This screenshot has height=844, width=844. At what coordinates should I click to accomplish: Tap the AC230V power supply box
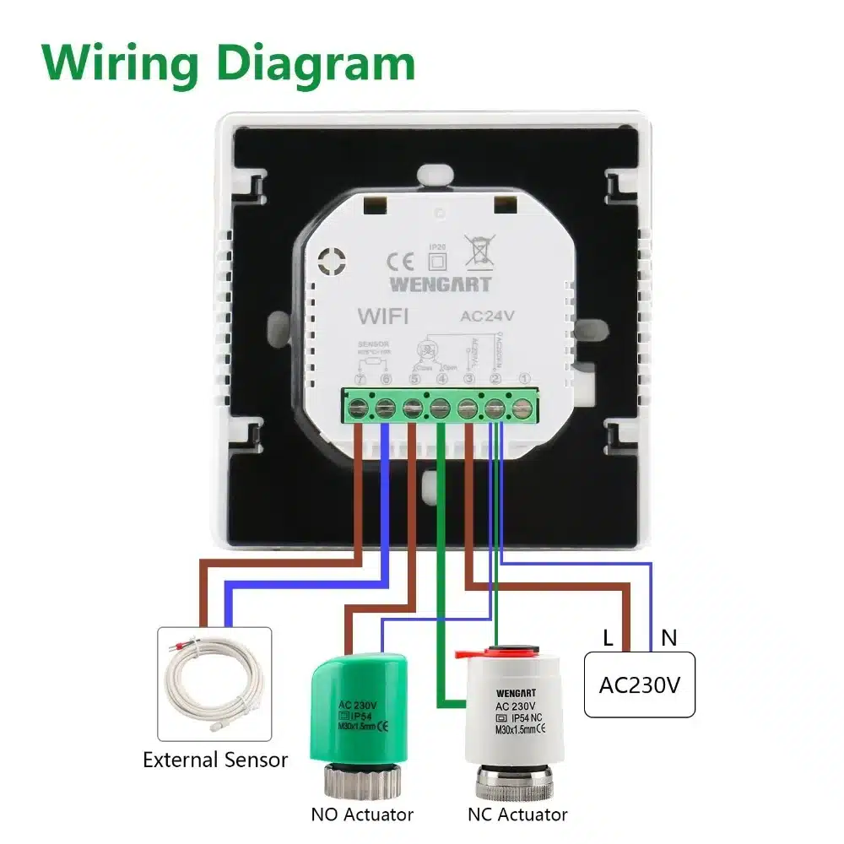[x=639, y=684]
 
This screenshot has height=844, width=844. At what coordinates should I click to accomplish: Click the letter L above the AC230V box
[x=608, y=638]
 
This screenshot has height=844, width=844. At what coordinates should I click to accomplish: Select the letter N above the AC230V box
[x=668, y=638]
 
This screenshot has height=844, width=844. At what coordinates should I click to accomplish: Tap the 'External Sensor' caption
[x=215, y=760]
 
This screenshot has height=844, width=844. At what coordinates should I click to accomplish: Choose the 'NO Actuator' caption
[x=362, y=814]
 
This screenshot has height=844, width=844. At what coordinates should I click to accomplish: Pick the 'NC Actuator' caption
[x=517, y=814]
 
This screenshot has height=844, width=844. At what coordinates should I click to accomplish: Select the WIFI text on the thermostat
[x=383, y=317]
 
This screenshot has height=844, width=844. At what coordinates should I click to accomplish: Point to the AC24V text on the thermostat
[x=487, y=318]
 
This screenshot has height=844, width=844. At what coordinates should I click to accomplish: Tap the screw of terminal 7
[x=359, y=408]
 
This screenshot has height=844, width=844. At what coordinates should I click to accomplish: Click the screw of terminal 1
[x=523, y=408]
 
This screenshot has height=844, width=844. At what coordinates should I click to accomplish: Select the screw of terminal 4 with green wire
[x=440, y=408]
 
